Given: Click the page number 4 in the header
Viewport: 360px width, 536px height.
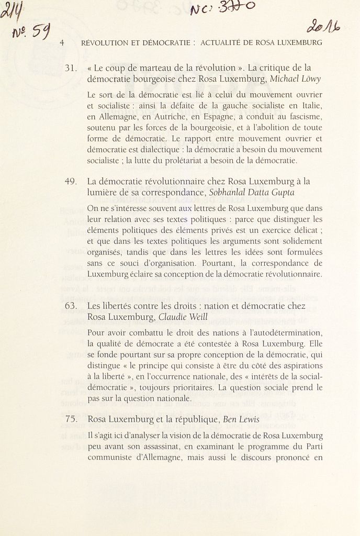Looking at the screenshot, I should pos(62,43).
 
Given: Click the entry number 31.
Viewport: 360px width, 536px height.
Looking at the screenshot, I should pos(71,68).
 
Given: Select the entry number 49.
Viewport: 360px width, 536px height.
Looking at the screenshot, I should pos(71,182).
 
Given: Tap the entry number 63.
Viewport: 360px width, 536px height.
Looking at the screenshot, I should pos(71,306).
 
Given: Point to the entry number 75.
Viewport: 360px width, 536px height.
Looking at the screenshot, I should pos(71,419).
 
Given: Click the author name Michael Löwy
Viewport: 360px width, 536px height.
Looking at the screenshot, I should pos(296,79).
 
